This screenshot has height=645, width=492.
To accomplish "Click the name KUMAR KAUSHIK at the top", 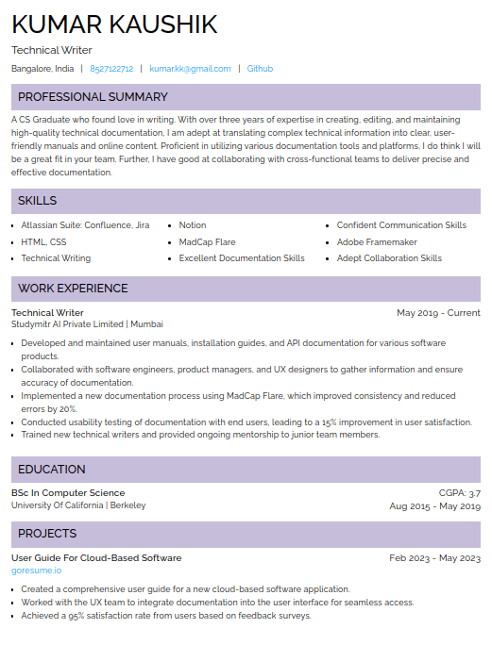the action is point(114,25).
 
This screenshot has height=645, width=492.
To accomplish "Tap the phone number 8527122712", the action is point(111,69).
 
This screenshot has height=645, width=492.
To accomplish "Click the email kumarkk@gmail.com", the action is point(190,69).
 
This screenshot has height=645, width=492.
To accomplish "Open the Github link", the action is point(260,69).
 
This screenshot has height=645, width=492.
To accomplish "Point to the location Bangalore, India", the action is point(42,69).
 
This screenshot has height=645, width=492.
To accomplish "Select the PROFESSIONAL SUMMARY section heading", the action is point(93,97).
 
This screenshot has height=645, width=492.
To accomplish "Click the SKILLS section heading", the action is point(38,201).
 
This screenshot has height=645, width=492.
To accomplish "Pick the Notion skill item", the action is point(193,225).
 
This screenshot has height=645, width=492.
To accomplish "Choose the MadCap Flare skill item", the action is point(207,242).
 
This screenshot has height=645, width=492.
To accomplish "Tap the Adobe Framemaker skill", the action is point(377,242).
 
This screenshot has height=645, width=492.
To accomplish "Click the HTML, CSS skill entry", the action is point(43,242).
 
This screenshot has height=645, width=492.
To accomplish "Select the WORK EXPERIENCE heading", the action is point(73,289).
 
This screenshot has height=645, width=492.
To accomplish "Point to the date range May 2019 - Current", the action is point(438,313).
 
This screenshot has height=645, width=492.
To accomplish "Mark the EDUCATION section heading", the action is point(52,470).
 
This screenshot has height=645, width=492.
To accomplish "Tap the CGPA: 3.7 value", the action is point(460,493).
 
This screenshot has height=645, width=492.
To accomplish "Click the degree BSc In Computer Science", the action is point(68,493).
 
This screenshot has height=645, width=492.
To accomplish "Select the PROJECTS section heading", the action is point(47,534).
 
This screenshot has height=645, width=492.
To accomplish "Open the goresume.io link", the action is point(36,571).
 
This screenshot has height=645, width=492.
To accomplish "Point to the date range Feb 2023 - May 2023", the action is point(434,558).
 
